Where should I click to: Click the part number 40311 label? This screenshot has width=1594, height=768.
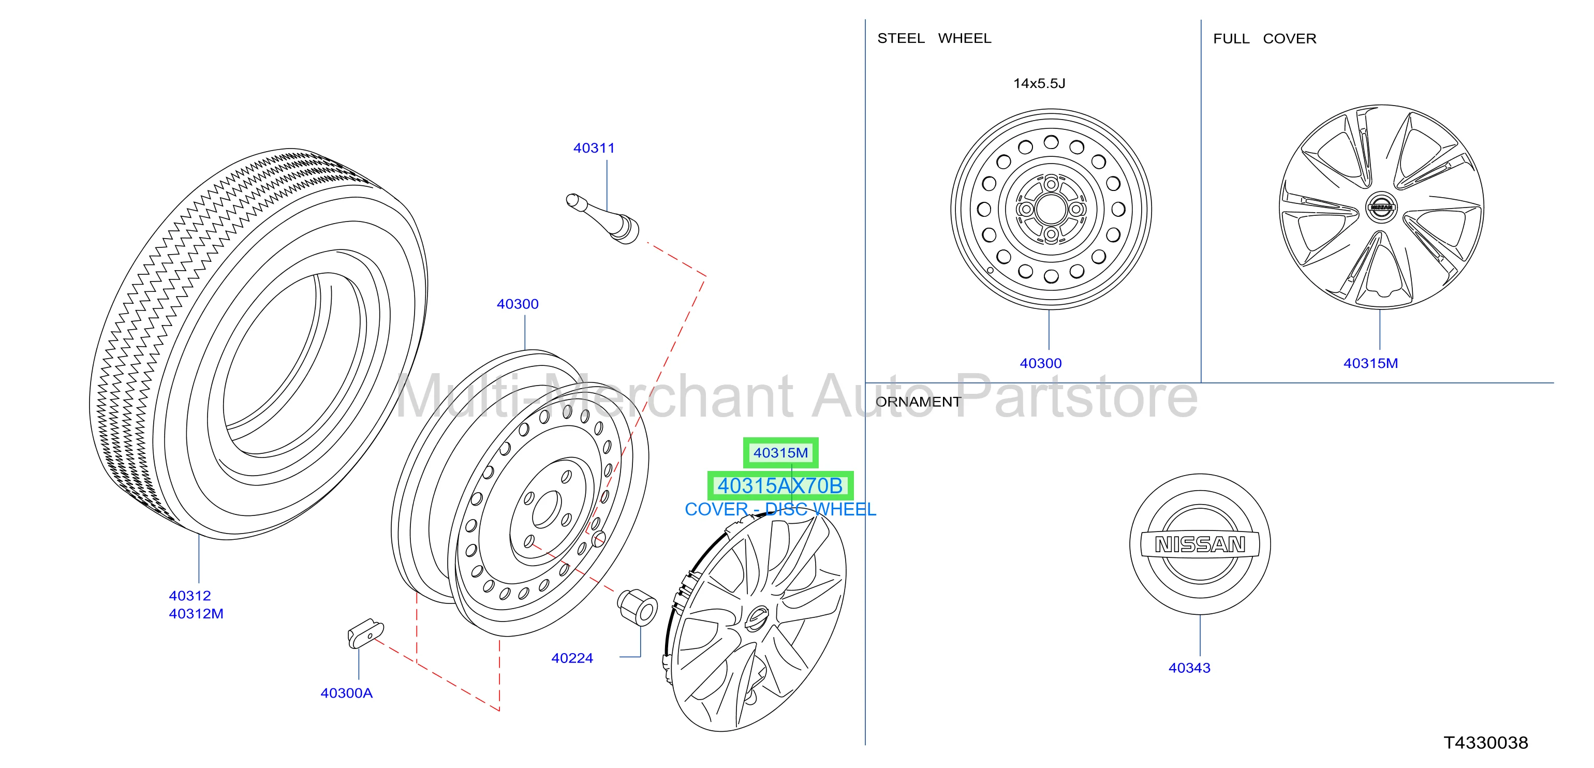[x=594, y=148]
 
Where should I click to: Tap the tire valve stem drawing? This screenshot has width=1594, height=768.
[x=603, y=218]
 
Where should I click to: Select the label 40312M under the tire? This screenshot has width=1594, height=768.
[x=196, y=614]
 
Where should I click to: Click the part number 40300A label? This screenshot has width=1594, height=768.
[x=347, y=693]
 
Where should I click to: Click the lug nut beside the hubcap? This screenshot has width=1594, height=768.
[x=638, y=607]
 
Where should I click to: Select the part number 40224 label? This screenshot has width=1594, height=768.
[x=572, y=658]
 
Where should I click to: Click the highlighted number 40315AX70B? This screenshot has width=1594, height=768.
[x=780, y=486]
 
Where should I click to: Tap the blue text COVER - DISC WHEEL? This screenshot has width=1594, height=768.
[x=780, y=509]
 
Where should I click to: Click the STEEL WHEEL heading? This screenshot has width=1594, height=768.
[x=934, y=38]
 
